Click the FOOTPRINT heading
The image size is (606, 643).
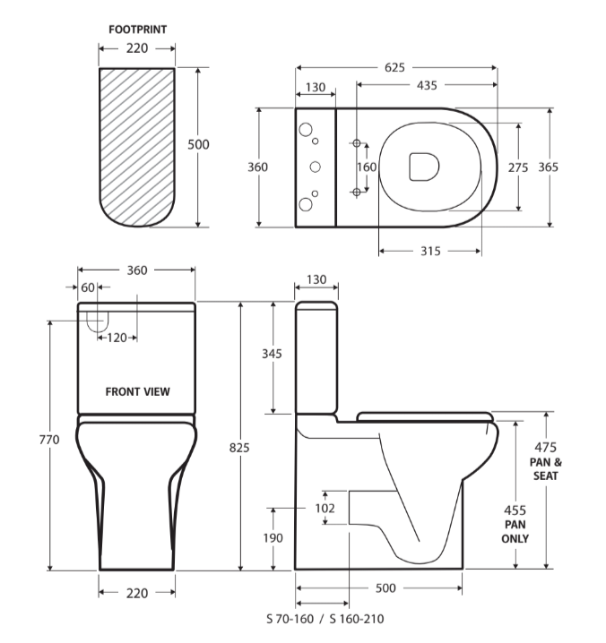point(136,30)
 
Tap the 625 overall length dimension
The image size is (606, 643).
point(395,67)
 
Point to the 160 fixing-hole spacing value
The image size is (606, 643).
point(367,167)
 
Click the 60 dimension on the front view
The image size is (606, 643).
point(87,287)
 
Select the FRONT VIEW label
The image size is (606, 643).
point(137,391)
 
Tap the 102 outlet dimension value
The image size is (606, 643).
point(325,508)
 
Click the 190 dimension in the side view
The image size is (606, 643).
point(273,538)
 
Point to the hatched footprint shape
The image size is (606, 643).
point(136,143)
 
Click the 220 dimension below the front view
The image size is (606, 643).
point(136,593)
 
